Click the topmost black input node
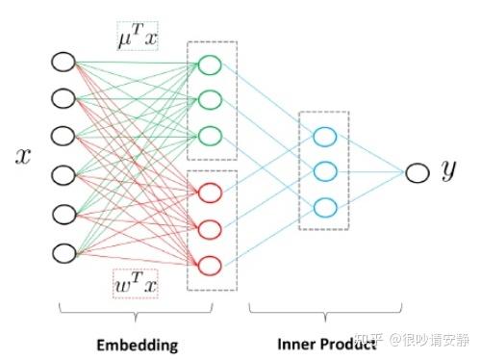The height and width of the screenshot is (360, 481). (x=63, y=64)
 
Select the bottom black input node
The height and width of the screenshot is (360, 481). (x=63, y=253)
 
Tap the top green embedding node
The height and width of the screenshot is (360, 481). (x=211, y=65)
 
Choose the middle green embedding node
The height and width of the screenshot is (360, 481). (x=211, y=99)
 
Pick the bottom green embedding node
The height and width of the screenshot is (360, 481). (x=211, y=135)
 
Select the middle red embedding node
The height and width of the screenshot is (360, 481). (x=211, y=228)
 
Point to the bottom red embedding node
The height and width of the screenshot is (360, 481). (x=211, y=264)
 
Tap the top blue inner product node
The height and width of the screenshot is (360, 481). (x=324, y=137)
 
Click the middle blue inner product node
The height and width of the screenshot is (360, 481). (x=324, y=171)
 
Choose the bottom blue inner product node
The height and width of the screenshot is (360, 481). (x=324, y=206)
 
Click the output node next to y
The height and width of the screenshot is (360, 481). (x=416, y=172)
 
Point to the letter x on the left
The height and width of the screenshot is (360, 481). (x=22, y=158)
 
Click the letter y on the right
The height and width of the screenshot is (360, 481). (x=448, y=172)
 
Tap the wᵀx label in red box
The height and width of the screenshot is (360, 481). (x=135, y=284)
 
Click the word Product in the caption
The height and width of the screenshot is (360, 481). (x=342, y=342)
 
